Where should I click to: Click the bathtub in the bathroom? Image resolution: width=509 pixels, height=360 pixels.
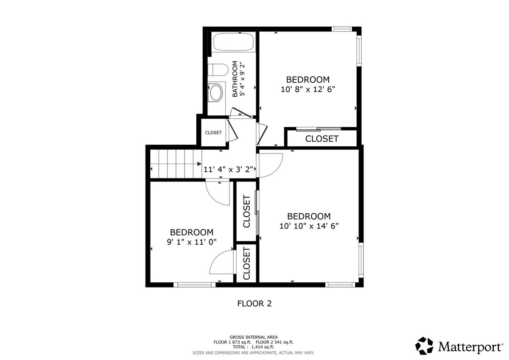point(233,42)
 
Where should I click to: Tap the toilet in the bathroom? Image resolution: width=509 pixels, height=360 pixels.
point(218,70)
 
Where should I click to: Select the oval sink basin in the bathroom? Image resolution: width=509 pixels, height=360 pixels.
point(216,92)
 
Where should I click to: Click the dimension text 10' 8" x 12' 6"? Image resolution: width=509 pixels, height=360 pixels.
point(308,89)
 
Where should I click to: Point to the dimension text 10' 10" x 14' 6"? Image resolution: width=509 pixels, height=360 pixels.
point(309,226)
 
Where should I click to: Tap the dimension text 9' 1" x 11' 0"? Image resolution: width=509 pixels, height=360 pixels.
point(192,242)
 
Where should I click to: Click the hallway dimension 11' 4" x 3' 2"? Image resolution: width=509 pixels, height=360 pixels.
point(228,170)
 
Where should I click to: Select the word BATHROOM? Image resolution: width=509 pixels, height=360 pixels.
point(235,79)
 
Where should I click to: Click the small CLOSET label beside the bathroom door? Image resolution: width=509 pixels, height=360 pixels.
point(213,133)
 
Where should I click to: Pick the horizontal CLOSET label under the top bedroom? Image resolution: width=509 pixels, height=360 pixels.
point(322,139)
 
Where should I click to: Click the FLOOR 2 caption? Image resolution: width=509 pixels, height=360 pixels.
point(254,304)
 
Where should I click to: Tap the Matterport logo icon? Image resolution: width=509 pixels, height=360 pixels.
point(424,346)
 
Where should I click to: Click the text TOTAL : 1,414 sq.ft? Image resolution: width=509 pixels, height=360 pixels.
point(253,347)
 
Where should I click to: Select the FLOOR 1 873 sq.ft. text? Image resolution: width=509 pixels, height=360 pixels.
point(232,342)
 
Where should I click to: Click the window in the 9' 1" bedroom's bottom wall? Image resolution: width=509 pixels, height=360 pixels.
point(194,285)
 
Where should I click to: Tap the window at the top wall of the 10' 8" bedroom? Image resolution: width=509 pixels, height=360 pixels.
point(341,29)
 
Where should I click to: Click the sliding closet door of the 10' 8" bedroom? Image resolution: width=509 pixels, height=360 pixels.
point(319,129)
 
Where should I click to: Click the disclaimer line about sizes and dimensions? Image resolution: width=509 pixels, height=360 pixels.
point(253,353)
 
